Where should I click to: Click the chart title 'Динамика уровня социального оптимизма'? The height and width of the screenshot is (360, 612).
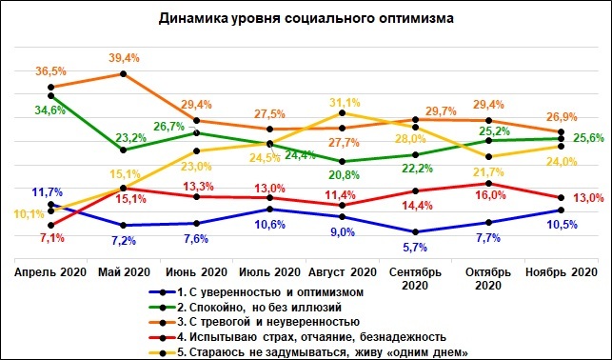[x=306, y=18]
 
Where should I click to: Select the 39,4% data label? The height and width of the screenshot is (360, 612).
[x=125, y=57]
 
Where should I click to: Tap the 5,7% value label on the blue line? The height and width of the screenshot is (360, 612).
[x=415, y=248]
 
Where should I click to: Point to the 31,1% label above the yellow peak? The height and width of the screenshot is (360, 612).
[x=343, y=102]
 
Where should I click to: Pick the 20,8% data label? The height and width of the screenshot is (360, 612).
[x=343, y=174]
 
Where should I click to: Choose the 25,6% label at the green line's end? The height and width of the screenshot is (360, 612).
[x=587, y=138]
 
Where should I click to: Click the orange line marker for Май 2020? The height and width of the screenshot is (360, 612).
[x=124, y=73]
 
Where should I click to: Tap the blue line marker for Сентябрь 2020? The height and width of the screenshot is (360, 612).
[x=415, y=231]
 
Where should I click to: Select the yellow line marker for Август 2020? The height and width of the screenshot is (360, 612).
[x=343, y=113]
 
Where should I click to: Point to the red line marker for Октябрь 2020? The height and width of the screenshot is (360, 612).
[x=488, y=183]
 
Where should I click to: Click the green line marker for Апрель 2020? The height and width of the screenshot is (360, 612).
[x=50, y=94]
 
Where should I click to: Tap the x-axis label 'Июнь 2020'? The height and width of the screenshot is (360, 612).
[x=196, y=272]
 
